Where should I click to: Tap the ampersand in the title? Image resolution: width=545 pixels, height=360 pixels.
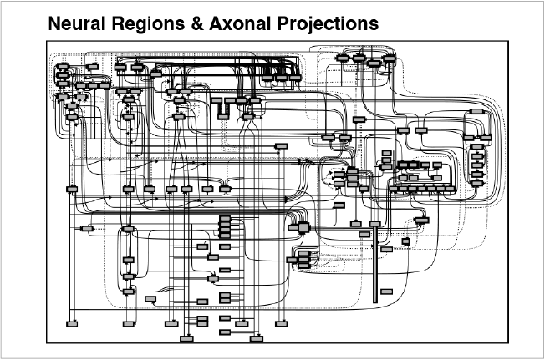pos(196,24)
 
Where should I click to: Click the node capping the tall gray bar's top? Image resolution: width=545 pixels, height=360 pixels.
pos(375,224)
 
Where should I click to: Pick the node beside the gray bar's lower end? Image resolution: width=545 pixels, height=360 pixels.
pos(386,291)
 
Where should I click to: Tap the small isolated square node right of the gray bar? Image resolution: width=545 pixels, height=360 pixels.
pos(405,241)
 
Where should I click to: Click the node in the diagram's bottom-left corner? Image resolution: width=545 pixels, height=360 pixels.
pos(72,323)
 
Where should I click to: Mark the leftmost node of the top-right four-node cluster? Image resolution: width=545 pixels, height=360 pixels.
pos(343,58)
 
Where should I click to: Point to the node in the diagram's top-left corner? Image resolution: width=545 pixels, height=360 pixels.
pos(63,67)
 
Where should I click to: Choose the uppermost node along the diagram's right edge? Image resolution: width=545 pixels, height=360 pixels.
pos(476,110)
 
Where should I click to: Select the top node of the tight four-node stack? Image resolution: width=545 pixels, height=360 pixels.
pos(225,219)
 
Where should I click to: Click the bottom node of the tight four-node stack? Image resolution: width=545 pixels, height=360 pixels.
pos(225,237)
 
